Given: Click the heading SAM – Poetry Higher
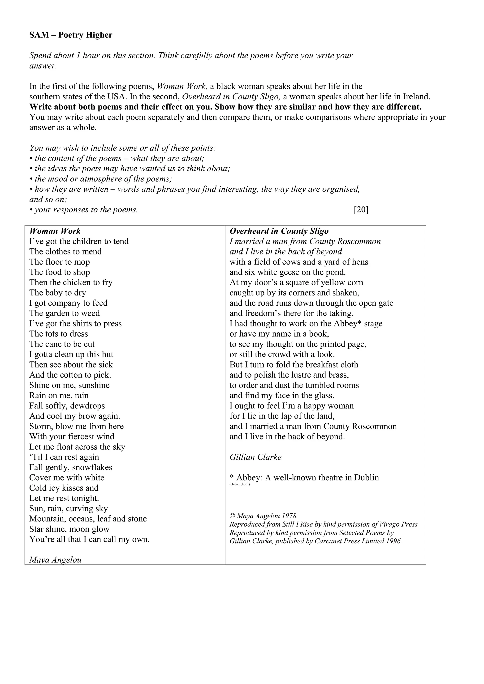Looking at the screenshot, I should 71,35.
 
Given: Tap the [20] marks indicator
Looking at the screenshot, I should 361,210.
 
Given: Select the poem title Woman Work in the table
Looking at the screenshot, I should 55,231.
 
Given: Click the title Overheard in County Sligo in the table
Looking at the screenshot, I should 279,231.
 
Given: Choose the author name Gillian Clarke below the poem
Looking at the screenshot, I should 255,457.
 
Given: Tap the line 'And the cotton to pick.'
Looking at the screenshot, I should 70,375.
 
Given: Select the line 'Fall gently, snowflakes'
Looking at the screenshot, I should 71,467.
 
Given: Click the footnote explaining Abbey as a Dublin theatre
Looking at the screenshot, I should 304,477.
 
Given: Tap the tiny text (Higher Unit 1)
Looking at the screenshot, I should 239,484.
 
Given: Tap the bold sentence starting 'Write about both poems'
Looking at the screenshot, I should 225,107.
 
